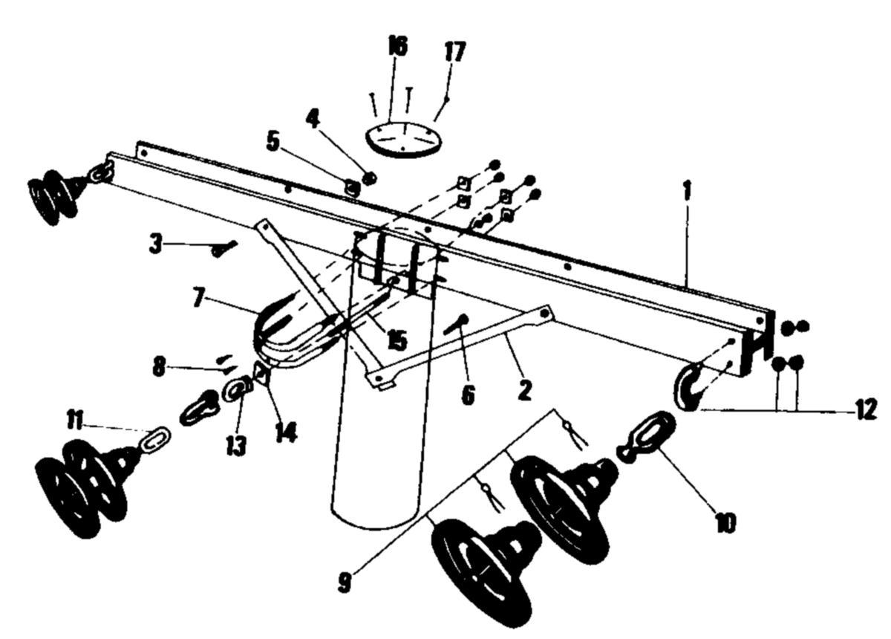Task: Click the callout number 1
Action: click(x=687, y=191)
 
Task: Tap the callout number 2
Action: click(x=525, y=389)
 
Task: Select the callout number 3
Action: click(x=155, y=244)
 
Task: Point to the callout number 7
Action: click(x=198, y=297)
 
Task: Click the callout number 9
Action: click(x=345, y=583)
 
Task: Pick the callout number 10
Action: click(x=725, y=522)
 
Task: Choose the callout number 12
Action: click(x=866, y=409)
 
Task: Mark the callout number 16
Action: click(x=398, y=45)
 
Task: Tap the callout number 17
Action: click(x=454, y=51)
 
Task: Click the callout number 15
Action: click(x=397, y=340)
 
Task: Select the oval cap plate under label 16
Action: click(x=404, y=140)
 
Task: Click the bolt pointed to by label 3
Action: click(x=224, y=249)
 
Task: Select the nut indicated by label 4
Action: click(x=370, y=178)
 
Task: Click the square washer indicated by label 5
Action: click(x=352, y=187)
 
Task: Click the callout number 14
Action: click(x=287, y=432)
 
